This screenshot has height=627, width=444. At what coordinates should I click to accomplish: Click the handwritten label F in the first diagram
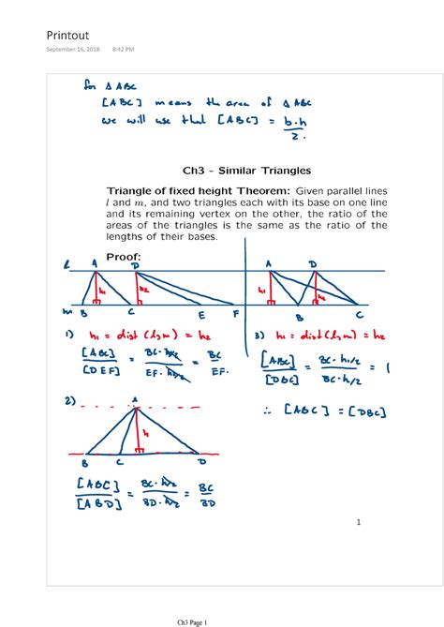point(236,313)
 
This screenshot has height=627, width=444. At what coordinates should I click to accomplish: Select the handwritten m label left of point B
point(67,310)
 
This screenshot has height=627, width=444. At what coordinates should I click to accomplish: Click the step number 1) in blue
point(69,335)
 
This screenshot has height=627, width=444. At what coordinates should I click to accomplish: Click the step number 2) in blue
point(69,401)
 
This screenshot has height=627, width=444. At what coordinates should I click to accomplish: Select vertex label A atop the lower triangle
point(135,400)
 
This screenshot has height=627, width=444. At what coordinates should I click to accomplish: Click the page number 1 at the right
point(358,522)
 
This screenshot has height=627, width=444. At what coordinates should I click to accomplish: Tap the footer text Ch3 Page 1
point(198,620)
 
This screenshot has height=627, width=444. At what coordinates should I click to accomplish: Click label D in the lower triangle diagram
point(200,461)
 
